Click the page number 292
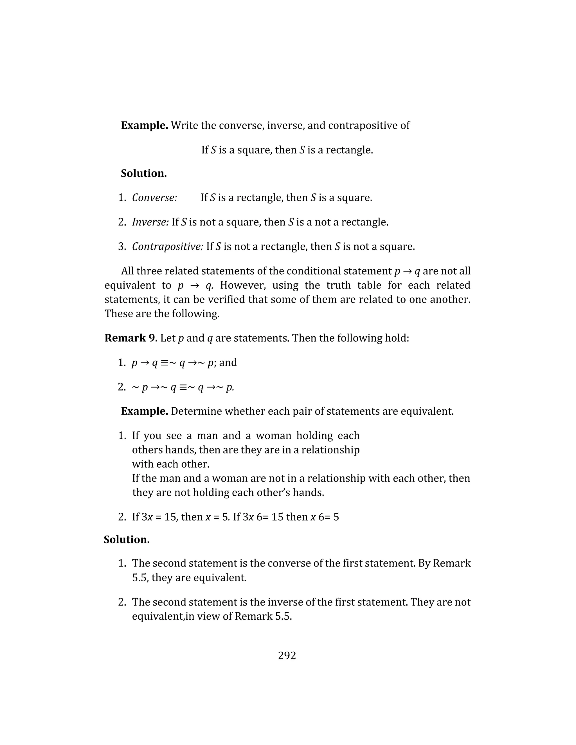[x=287, y=656]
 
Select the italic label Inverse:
[x=150, y=222]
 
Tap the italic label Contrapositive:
[x=168, y=247]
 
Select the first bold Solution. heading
[x=144, y=173]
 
